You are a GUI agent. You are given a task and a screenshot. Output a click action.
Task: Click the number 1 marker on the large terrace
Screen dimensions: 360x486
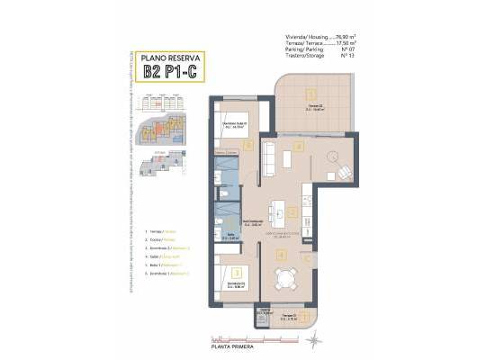click(x=310, y=94)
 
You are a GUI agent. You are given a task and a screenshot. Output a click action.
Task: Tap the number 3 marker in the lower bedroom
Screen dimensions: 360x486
click(x=236, y=271)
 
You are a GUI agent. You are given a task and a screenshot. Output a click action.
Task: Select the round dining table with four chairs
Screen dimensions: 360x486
click(x=283, y=279)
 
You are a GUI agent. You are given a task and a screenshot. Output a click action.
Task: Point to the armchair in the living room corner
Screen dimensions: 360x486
click(x=344, y=172)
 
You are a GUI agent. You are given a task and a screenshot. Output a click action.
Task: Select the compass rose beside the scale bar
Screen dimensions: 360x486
click(x=313, y=340)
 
